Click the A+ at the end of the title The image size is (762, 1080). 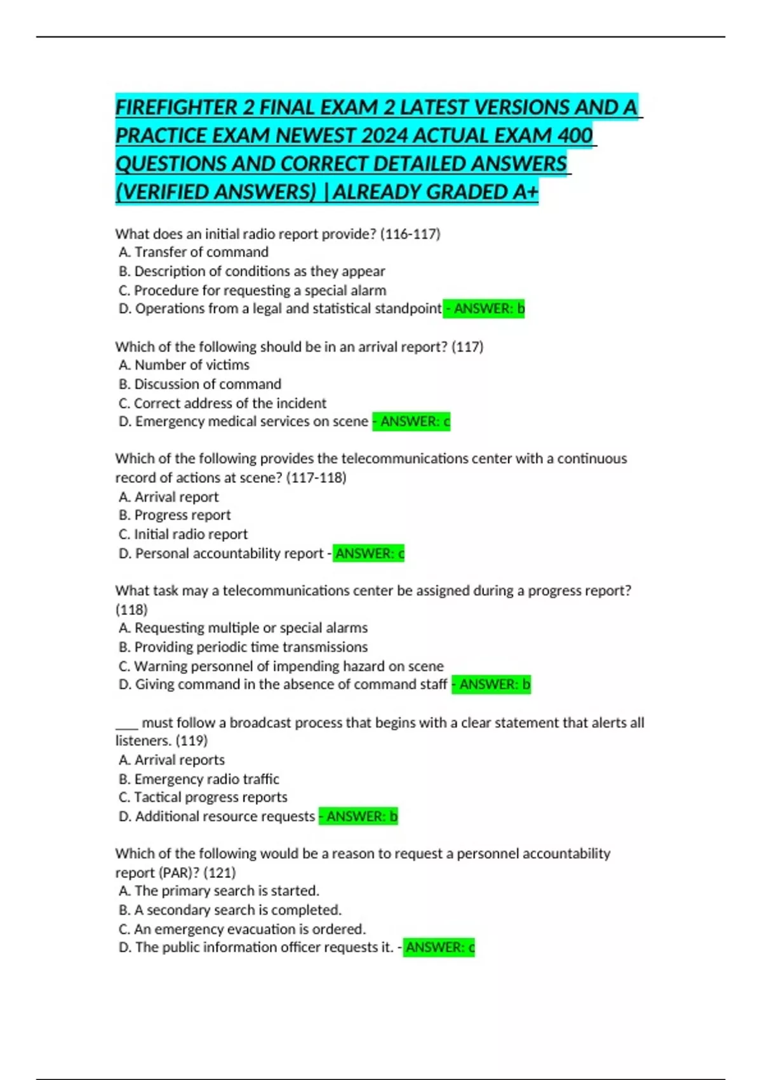pos(525,191)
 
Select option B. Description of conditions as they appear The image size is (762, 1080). pos(252,271)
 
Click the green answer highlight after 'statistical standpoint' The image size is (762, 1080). pos(484,309)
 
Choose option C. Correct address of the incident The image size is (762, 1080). pos(222,403)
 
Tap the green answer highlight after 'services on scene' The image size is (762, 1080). pos(411,421)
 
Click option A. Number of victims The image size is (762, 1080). pos(184,365)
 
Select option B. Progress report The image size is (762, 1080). pos(175,515)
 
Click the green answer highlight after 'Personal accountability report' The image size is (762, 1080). pos(369,553)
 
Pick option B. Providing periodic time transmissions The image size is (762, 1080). pos(243,647)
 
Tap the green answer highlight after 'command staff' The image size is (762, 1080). pos(491,684)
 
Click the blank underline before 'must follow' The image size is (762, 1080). pos(126,723)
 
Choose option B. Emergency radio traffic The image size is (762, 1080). pos(199,779)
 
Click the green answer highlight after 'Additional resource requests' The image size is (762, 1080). pos(358,816)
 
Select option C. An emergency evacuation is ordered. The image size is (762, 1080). pos(242,929)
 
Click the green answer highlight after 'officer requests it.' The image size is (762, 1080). pos(439,947)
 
